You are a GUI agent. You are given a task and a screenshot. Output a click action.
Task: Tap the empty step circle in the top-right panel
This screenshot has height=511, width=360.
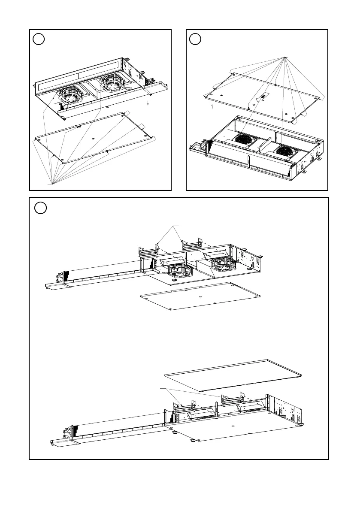point(196,39)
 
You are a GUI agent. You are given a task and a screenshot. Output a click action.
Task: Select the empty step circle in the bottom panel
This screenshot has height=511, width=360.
point(40,208)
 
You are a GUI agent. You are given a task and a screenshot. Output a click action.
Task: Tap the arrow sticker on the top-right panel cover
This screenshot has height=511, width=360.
point(260,98)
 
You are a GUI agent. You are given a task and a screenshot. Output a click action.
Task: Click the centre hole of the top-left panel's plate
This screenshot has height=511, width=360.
point(94,139)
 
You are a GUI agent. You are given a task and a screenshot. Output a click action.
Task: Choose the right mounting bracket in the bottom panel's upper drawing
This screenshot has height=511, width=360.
point(192,245)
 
